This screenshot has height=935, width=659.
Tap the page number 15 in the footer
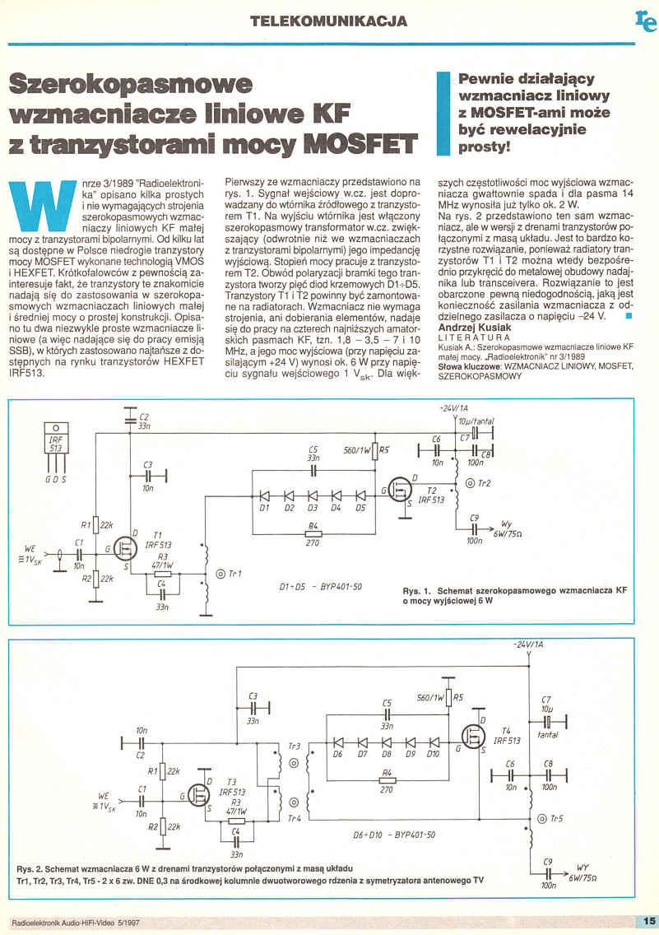click(x=647, y=920)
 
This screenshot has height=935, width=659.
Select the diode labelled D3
click(x=313, y=496)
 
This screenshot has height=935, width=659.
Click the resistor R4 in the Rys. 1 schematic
click(x=313, y=533)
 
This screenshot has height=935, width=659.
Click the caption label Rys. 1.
click(x=417, y=591)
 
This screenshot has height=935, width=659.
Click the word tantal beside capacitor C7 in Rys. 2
click(x=549, y=733)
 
